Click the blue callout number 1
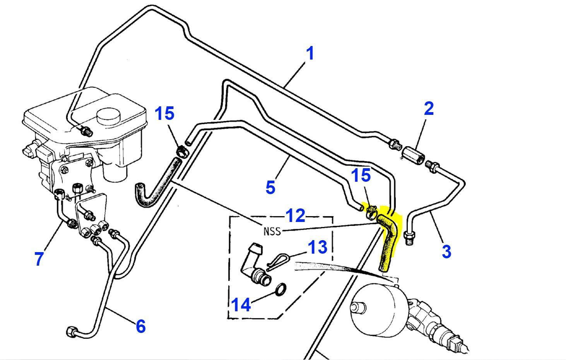310,53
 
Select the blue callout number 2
429,109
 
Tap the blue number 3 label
446,252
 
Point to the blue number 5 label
270,188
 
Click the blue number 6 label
141,326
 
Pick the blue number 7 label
39,259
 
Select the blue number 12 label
295,216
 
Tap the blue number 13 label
317,247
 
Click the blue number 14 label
241,305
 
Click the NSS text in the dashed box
272,232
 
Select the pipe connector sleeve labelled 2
413,154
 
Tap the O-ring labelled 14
281,289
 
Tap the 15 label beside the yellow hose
361,176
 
